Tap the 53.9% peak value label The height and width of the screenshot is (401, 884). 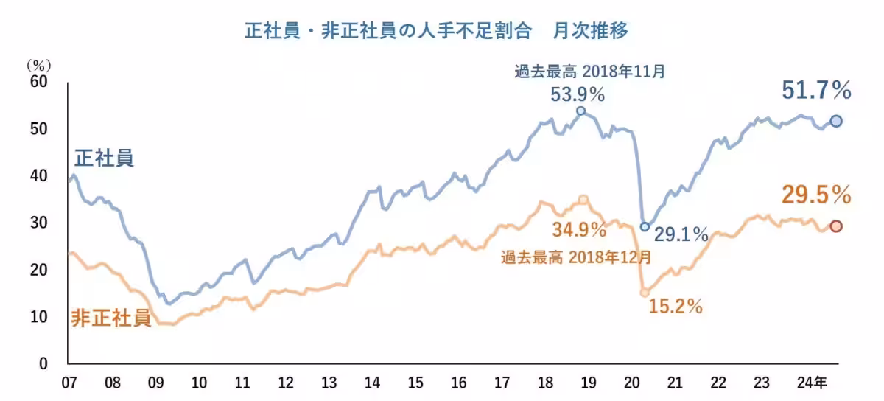(578, 95)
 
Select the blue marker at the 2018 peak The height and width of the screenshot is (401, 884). (580, 111)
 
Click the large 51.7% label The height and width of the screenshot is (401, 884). (816, 91)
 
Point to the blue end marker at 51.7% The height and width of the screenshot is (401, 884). (836, 121)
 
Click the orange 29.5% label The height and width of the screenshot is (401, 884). (816, 195)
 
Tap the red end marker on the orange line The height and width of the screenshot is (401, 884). (836, 226)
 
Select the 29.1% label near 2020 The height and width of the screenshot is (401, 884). (681, 234)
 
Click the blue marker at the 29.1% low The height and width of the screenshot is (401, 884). (645, 227)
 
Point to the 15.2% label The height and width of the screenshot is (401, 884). (676, 305)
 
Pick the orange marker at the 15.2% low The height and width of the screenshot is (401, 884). (645, 292)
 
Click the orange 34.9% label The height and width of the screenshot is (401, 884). (579, 229)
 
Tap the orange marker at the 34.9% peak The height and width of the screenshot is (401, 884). (583, 200)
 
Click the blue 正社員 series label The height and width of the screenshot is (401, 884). (105, 158)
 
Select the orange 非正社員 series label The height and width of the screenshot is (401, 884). (111, 318)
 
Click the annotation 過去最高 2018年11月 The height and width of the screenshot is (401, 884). (589, 72)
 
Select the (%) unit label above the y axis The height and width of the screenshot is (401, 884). (37, 65)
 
